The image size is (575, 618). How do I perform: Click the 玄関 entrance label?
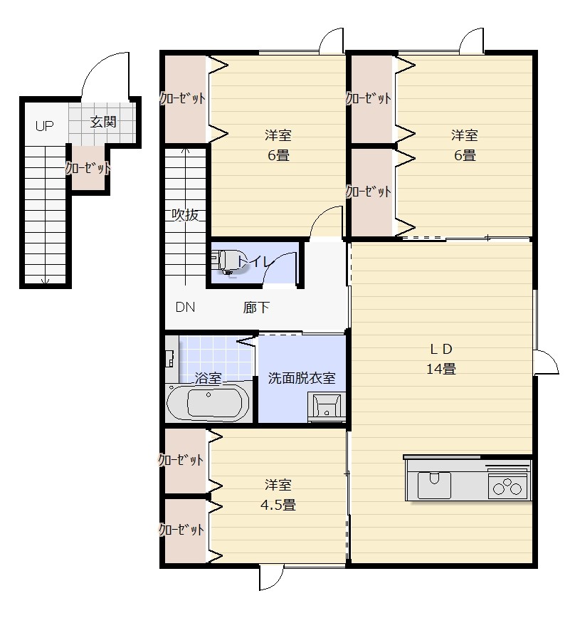(x=103, y=122)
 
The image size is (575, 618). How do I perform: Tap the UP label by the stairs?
(x=44, y=127)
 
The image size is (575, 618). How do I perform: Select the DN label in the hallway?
(x=185, y=308)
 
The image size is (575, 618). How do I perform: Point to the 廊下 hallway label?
(x=256, y=308)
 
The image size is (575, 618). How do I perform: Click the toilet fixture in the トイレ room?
(x=226, y=261)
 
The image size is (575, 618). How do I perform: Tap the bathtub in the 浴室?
(x=208, y=403)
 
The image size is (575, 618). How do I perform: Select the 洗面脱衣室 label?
(x=301, y=378)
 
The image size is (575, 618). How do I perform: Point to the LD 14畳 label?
(x=441, y=359)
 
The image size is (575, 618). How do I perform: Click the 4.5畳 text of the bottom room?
(x=278, y=505)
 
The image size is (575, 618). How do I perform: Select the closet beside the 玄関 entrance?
(x=88, y=169)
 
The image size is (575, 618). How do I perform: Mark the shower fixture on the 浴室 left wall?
(x=171, y=353)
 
